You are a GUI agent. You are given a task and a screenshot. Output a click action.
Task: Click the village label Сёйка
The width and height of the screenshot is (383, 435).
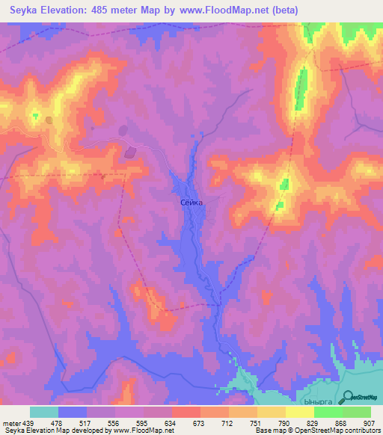point(191,202)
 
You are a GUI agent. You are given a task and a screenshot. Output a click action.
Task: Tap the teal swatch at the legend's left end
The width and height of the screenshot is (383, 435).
point(44,412)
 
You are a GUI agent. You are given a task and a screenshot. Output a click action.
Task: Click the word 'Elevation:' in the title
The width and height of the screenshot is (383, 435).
point(73,10)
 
